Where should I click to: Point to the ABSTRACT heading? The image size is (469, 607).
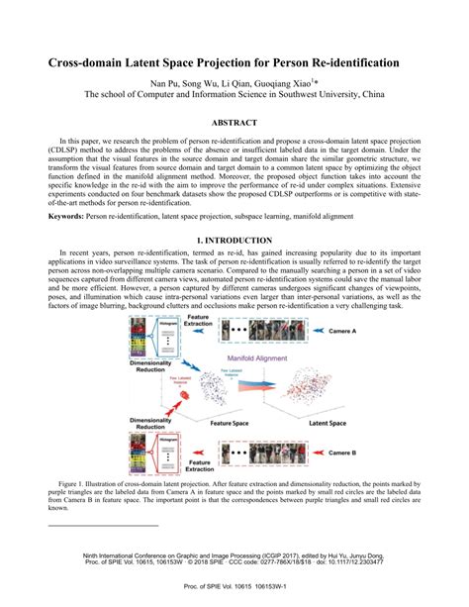click(234, 123)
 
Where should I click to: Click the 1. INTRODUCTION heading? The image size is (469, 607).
click(234, 241)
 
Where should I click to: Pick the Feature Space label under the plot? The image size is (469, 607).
click(218, 421)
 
